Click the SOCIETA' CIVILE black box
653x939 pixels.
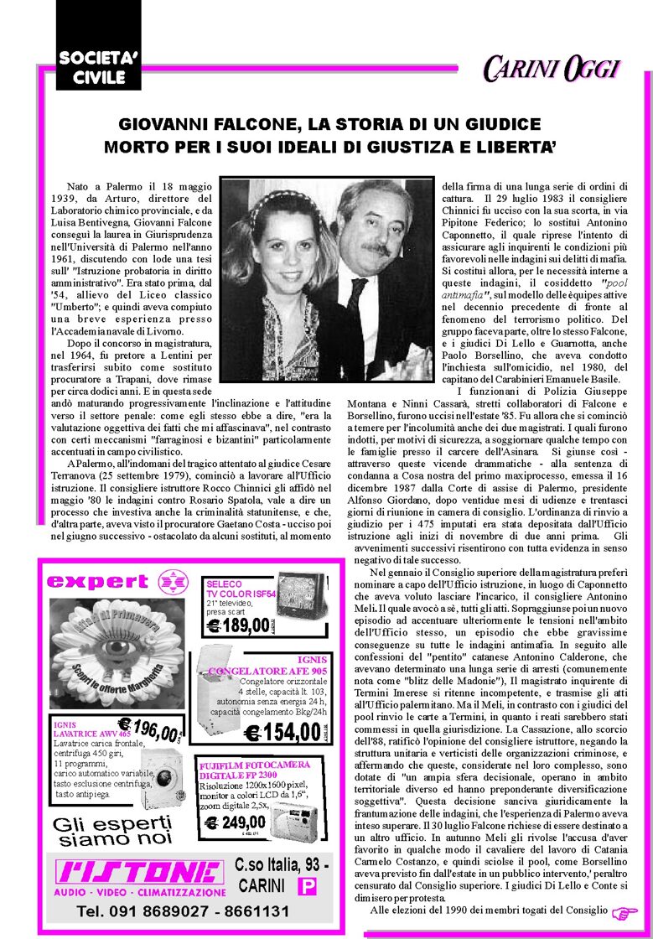click(x=92, y=67)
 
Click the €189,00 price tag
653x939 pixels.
click(x=240, y=625)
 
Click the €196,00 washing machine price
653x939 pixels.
click(x=149, y=728)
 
